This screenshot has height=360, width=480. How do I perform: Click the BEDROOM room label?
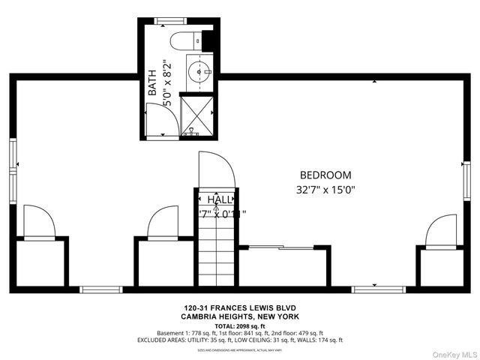tap(325, 175)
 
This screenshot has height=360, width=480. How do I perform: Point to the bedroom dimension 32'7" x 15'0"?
tap(325, 190)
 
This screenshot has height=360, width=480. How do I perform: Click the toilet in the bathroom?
tap(183, 39)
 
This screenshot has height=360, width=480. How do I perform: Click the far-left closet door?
tap(40, 223)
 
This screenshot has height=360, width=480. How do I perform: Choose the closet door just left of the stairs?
tap(163, 223)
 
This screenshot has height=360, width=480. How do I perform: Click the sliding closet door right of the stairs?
tap(281, 247)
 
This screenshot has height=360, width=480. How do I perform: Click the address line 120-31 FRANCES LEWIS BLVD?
tap(240, 307)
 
